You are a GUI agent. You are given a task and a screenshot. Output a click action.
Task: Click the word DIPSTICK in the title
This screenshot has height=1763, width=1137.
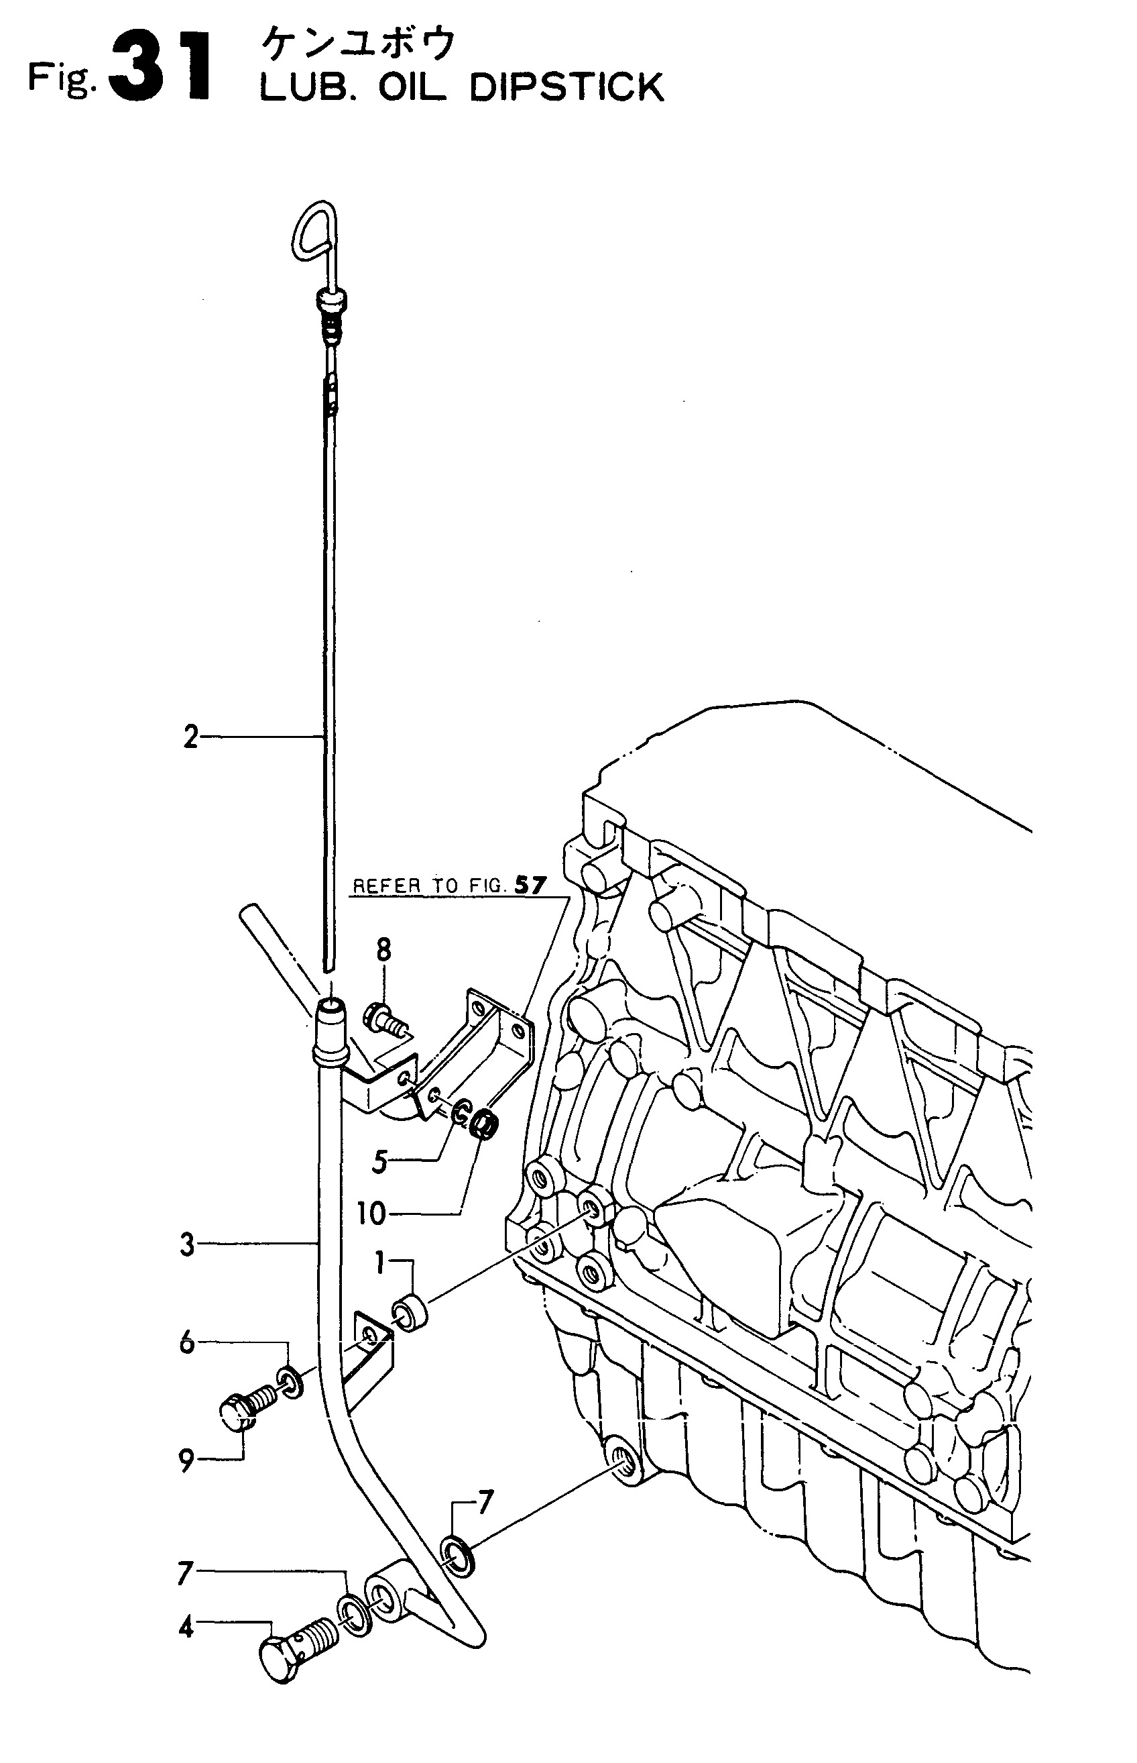566,88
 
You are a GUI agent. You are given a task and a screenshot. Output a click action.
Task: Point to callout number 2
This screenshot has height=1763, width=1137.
190,738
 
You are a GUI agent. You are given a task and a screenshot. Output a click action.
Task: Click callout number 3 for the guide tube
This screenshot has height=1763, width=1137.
188,1245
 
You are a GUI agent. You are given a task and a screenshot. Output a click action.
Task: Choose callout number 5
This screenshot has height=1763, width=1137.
379,1163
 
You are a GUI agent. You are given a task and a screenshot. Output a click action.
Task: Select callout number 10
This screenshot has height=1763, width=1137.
372,1214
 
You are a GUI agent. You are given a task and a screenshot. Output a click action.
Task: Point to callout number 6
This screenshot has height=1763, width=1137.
187,1342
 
